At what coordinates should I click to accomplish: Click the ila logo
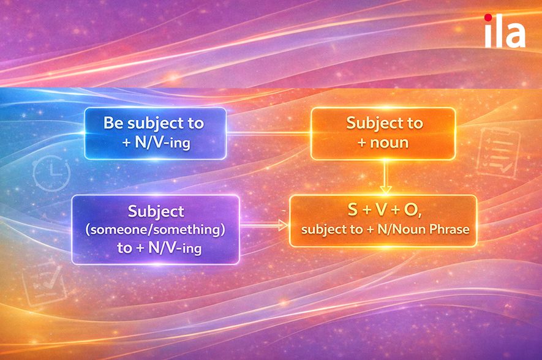pos(505,31)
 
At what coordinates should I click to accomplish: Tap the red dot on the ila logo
pos(488,18)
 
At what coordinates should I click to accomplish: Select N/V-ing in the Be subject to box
pos(162,142)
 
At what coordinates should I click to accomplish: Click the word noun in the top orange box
pos(390,143)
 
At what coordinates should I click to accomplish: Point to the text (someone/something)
pos(155,230)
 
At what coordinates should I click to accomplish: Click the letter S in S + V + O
pos(353,210)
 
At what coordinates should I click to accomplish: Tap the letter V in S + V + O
pos(381,210)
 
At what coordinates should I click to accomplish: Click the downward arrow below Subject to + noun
pos(385,176)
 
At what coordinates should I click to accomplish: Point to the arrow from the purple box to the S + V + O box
pos(264,225)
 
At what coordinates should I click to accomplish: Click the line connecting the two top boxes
pos(269,133)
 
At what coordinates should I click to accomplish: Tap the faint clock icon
pos(51,173)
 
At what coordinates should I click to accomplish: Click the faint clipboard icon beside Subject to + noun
pos(498,152)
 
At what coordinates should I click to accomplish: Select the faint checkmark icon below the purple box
pos(44,282)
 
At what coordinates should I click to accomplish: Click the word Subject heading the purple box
pos(156,211)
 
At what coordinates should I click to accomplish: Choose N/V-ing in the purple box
pos(175,248)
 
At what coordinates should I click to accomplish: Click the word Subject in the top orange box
pos(370,123)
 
